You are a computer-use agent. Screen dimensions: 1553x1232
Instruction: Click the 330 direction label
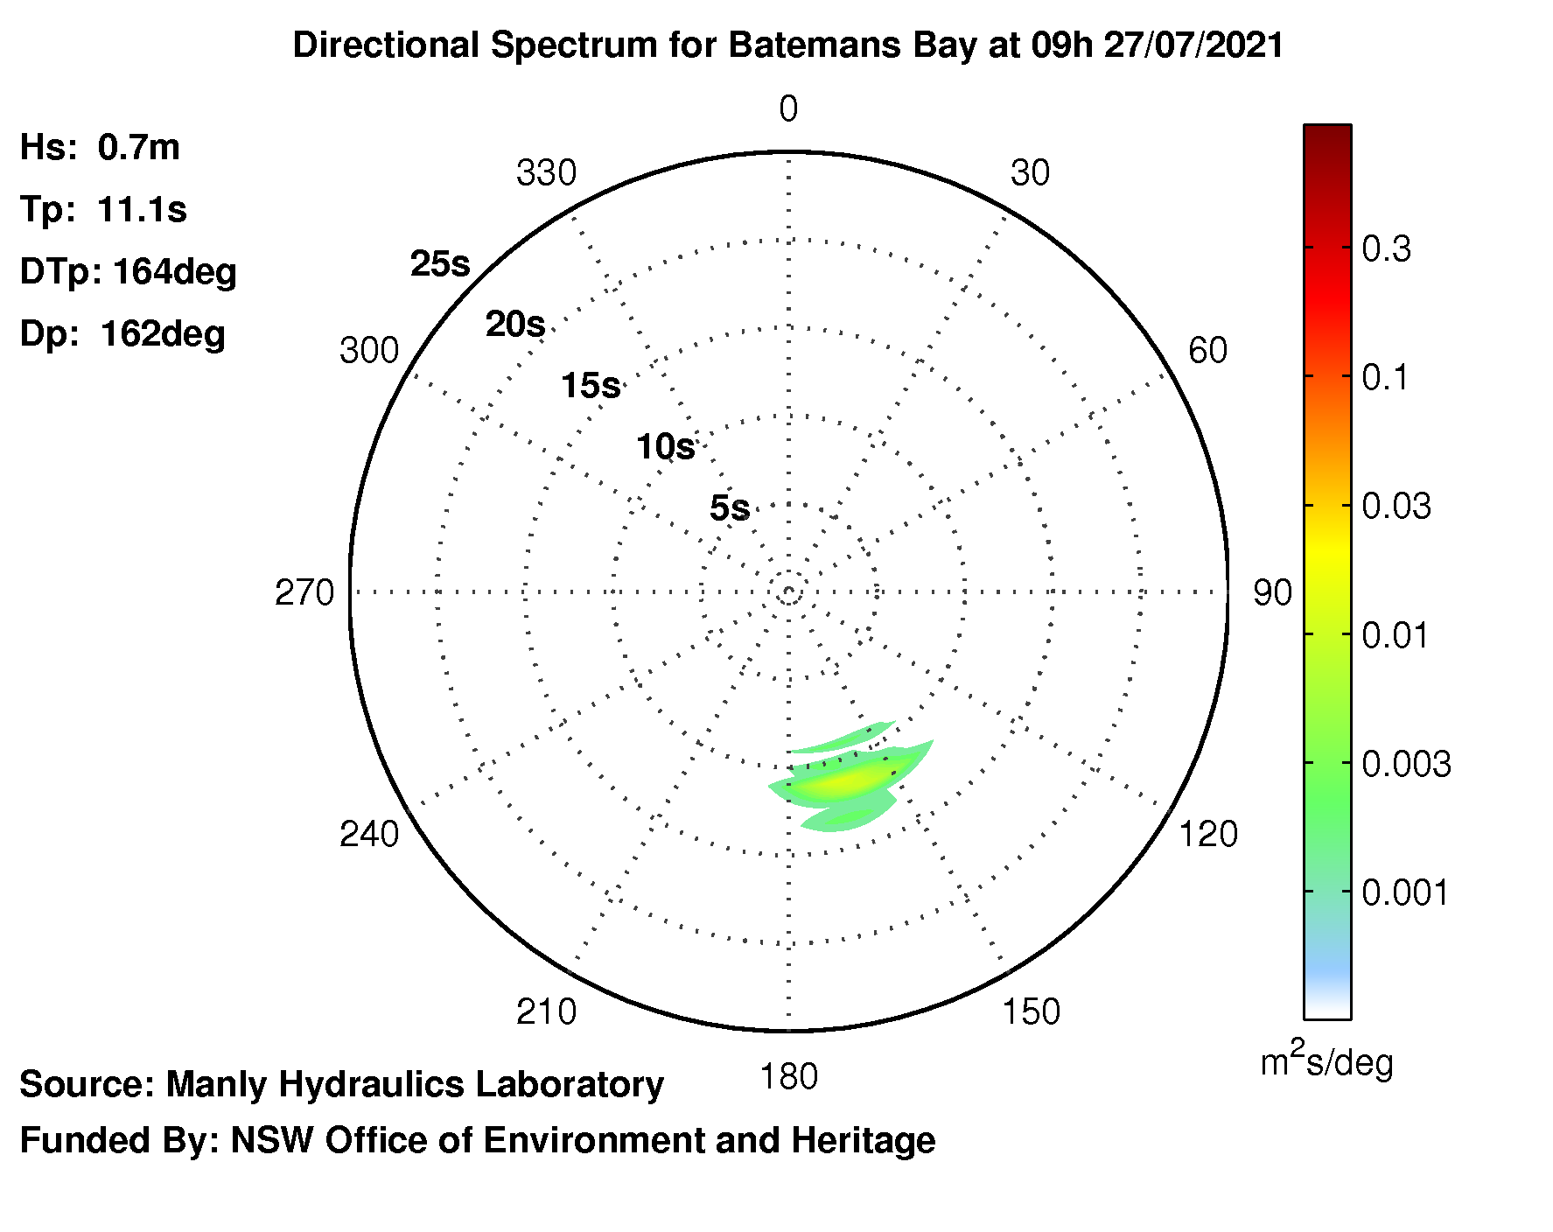coord(546,173)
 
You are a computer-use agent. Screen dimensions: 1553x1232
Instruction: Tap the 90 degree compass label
coord(1272,593)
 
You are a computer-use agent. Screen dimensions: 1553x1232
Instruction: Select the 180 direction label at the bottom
coord(789,1077)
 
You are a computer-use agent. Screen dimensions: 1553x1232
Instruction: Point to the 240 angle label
coord(369,834)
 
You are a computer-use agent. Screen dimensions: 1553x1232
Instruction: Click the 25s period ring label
coord(440,263)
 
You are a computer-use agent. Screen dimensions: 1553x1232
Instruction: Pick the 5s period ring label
coord(730,507)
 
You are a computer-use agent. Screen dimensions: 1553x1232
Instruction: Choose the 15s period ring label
coord(591,385)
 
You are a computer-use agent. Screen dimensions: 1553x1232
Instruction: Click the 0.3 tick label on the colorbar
coord(1387,249)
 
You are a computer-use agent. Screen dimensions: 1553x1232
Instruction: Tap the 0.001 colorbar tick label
coord(1406,893)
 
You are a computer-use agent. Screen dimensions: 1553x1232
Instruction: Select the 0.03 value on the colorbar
coord(1396,507)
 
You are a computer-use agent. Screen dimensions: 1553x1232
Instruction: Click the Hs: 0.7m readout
coord(100,147)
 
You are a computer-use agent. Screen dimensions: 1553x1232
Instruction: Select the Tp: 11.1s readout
coord(103,210)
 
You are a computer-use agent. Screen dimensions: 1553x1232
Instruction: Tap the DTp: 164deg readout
coord(129,272)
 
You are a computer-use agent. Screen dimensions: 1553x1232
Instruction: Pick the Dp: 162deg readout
coord(122,334)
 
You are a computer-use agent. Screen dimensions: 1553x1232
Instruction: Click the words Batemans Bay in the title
coord(852,45)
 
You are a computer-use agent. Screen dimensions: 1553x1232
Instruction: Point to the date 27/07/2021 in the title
coord(1194,45)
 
